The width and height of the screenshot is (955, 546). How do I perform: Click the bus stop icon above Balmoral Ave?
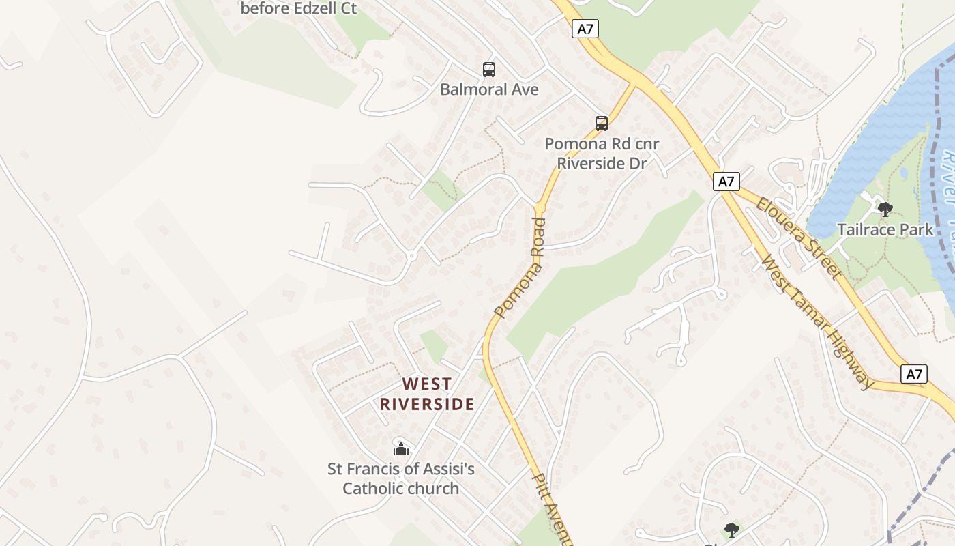click(x=489, y=69)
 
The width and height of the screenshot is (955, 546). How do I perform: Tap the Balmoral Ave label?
click(x=489, y=89)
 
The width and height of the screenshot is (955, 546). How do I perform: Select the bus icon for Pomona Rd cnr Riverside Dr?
click(x=601, y=124)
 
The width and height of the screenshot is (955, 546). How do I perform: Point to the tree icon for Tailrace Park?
click(x=885, y=209)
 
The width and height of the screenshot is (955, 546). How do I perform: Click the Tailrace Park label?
click(x=885, y=229)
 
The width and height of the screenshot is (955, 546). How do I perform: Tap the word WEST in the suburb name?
click(x=427, y=384)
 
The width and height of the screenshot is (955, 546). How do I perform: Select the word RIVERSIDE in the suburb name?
click(x=427, y=404)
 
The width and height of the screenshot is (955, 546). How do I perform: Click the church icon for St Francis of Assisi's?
click(x=401, y=449)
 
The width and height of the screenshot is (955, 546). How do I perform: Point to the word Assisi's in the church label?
click(x=445, y=470)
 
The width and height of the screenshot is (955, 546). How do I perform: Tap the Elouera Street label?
click(x=797, y=237)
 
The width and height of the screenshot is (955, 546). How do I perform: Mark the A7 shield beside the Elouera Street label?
click(x=726, y=182)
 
